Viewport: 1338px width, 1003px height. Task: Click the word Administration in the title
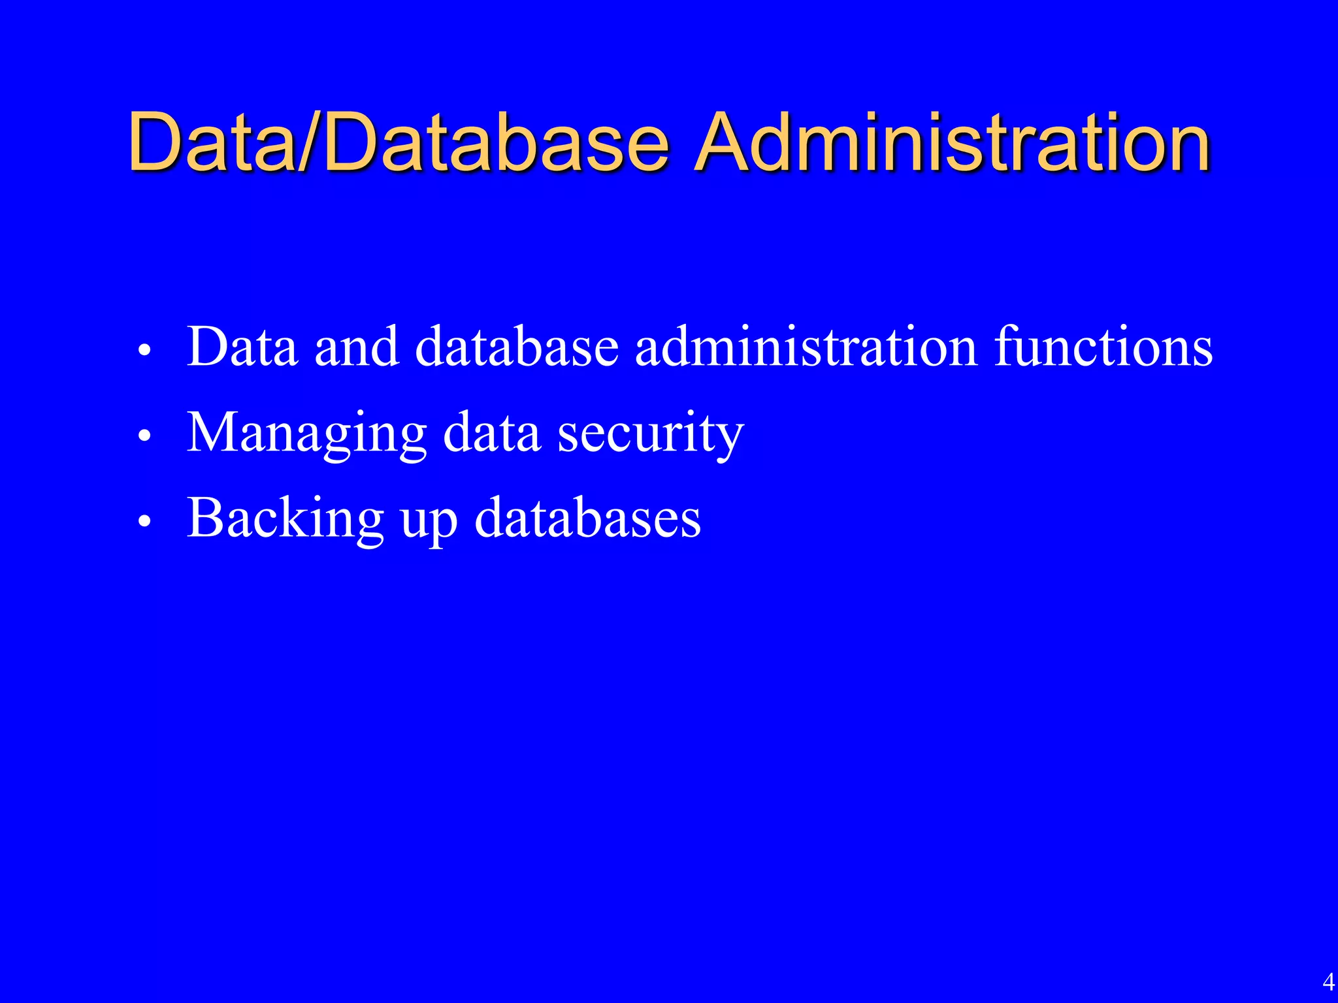951,142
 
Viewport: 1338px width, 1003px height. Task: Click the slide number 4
1328,981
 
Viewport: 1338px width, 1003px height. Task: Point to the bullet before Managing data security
145,436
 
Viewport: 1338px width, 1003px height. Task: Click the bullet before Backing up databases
145,521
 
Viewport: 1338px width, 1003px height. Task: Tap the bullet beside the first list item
145,350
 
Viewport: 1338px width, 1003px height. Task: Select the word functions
1103,346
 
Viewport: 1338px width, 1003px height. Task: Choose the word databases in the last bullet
588,518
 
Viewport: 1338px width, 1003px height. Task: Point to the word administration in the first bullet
806,346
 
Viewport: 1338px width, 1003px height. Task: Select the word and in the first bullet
357,346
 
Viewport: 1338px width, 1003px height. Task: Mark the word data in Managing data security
492,432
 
